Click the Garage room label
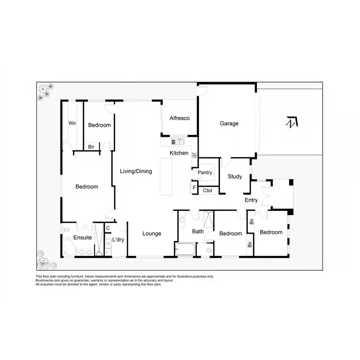[x=229, y=123]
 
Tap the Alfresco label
[x=180, y=118]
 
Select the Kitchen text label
[x=179, y=153]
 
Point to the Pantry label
[x=204, y=172]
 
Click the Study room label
[x=235, y=177]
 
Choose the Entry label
[x=251, y=200]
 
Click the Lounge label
[x=152, y=234]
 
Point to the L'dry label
[x=118, y=240]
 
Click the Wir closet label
[x=72, y=123]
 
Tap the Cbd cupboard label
[x=208, y=191]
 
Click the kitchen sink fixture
[x=178, y=141]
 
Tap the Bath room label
[x=198, y=231]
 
